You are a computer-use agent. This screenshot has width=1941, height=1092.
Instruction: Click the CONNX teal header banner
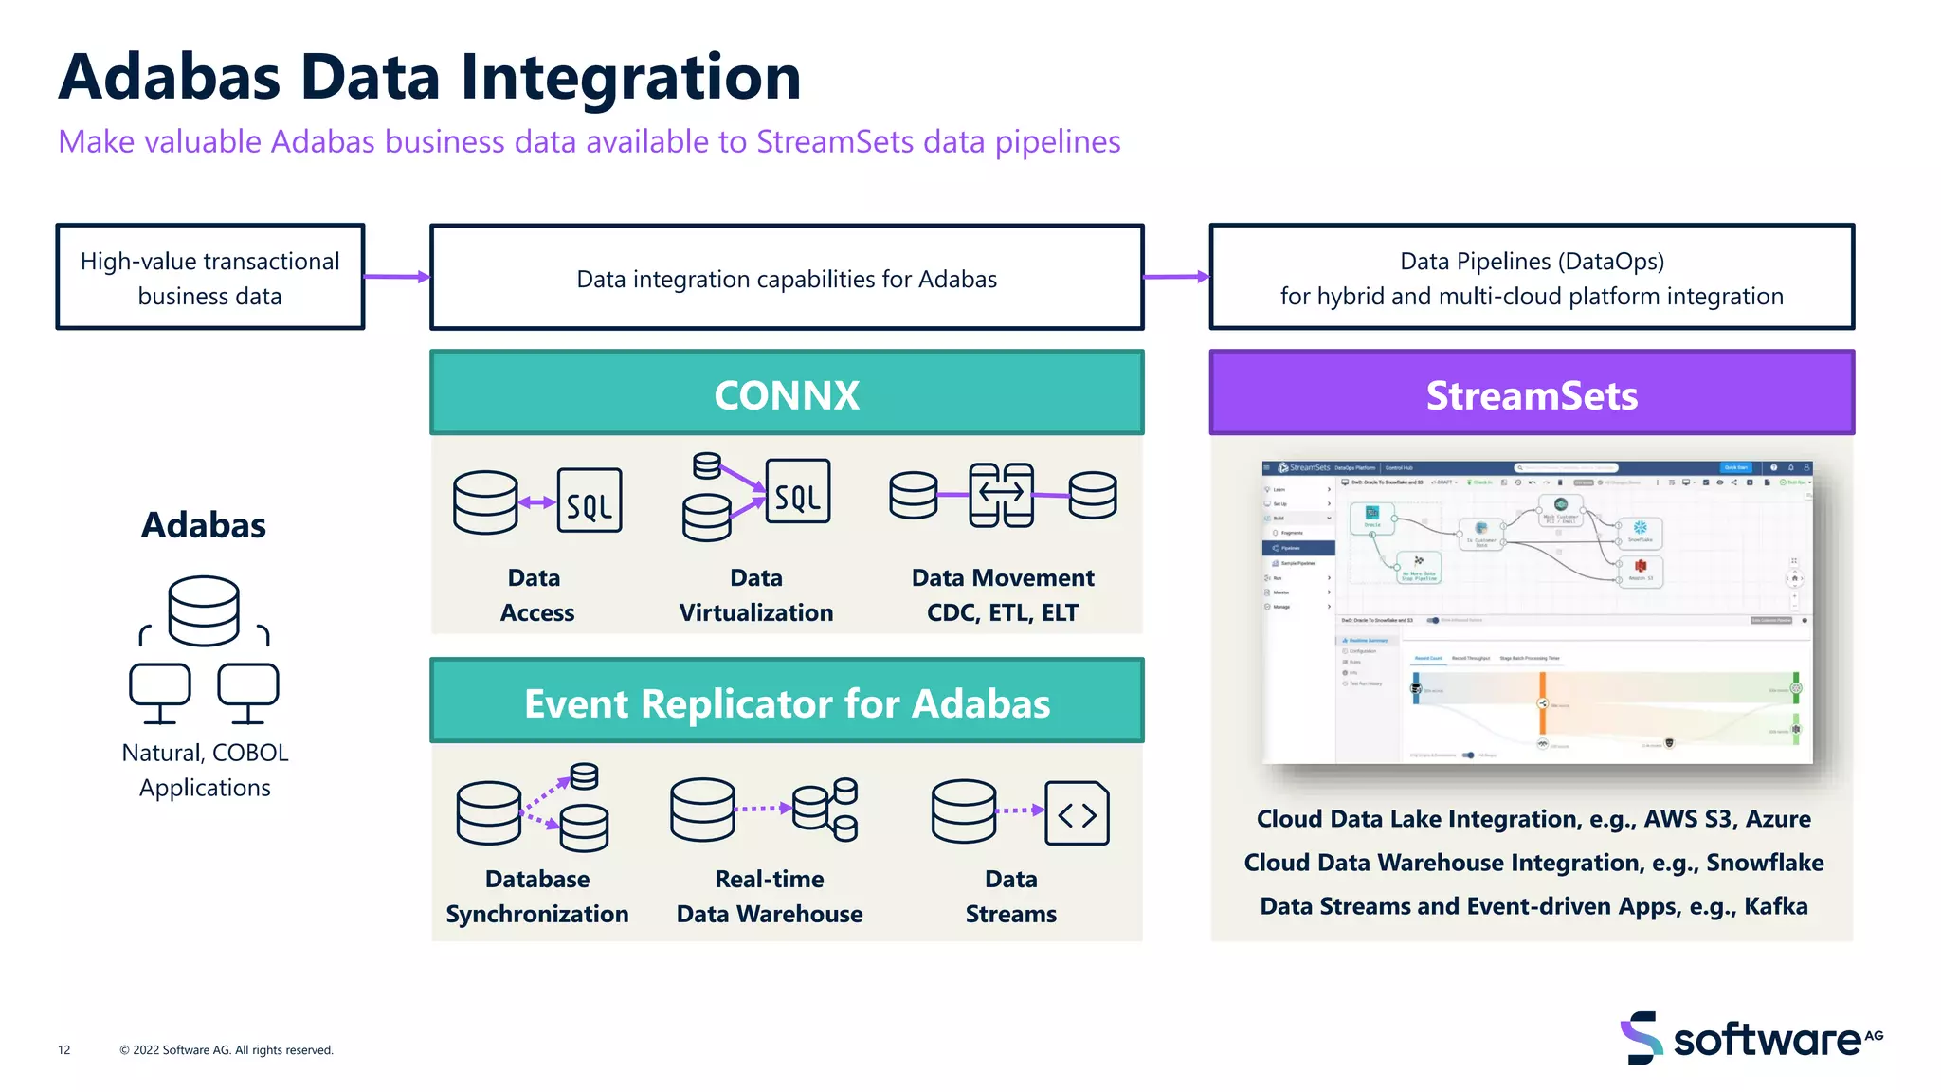tap(787, 393)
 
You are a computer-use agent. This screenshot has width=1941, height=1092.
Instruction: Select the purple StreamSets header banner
tap(1532, 393)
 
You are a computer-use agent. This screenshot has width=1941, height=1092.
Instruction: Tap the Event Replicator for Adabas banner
tap(787, 702)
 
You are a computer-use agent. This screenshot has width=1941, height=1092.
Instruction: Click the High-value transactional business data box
tap(209, 278)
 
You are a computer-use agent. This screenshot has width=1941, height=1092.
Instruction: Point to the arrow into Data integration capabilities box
tap(397, 277)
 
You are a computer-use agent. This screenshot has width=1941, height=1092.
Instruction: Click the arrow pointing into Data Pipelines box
tap(1176, 277)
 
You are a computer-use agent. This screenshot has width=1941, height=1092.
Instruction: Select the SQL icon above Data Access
tap(590, 500)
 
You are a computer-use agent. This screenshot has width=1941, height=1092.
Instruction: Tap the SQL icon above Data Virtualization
tap(797, 492)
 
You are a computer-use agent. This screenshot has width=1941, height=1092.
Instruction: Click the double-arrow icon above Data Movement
tap(1001, 494)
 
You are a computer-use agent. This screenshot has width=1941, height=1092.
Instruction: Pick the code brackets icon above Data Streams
tap(1077, 813)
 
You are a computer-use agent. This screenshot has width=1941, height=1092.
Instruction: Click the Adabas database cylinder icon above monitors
tap(204, 610)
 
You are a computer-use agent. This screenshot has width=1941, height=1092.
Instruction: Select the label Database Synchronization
tap(537, 897)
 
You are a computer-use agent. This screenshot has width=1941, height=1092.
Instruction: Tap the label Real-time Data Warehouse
tap(770, 897)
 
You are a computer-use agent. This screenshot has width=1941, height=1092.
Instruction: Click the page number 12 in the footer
tap(64, 1049)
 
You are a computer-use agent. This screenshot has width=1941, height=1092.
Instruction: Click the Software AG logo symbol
tap(1642, 1037)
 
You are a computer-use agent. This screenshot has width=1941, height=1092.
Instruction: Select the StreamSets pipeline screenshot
tap(1536, 612)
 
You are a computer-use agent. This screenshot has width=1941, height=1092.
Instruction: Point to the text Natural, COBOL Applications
tap(205, 770)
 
